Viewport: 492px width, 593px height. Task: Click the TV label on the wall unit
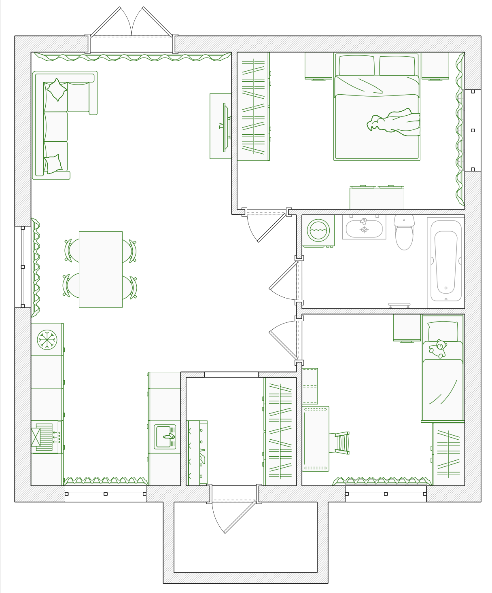(x=221, y=126)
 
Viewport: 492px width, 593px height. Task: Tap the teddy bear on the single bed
(x=438, y=348)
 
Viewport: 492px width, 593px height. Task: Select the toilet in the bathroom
(x=404, y=232)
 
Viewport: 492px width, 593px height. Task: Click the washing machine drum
(x=318, y=230)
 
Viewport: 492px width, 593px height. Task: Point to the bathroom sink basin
(x=364, y=229)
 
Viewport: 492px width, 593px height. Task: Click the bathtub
(x=446, y=261)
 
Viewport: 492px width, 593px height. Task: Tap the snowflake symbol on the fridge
(x=47, y=340)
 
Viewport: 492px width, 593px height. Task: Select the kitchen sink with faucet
(x=165, y=437)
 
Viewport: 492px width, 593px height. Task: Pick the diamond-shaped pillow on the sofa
(x=57, y=90)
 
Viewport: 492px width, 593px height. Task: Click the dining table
(x=101, y=269)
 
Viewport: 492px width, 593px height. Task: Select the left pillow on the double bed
(x=356, y=65)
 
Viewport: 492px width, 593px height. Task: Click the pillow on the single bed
(x=443, y=331)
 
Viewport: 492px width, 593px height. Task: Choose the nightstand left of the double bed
(x=318, y=65)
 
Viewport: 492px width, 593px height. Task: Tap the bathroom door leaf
(x=283, y=275)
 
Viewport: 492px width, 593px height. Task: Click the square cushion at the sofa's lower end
(x=53, y=164)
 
